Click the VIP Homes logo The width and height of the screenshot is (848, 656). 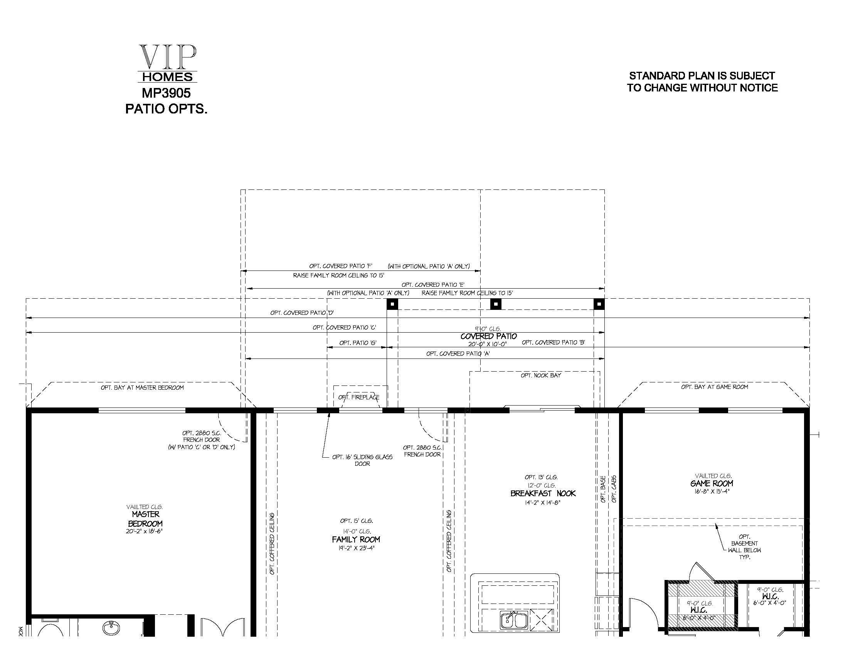tap(167, 63)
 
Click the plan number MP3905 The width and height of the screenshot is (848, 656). tap(166, 93)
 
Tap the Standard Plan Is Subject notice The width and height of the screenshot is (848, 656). tap(702, 81)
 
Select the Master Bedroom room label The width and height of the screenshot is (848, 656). tap(145, 519)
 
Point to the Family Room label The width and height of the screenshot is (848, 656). tap(356, 539)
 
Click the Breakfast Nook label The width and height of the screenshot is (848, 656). tap(543, 494)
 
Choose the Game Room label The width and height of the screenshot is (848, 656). tap(712, 484)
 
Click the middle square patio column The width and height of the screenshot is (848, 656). tap(495, 304)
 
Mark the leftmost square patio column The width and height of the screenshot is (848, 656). tap(392, 304)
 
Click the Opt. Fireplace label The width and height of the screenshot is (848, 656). tap(359, 397)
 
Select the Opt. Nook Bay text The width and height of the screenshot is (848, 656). tap(541, 375)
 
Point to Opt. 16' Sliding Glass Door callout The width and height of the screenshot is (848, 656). tap(362, 460)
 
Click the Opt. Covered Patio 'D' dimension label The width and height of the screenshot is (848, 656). tap(302, 313)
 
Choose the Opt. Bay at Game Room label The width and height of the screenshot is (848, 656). tap(714, 387)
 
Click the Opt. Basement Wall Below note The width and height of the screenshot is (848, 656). tap(744, 547)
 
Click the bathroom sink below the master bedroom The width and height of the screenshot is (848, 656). tap(111, 627)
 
